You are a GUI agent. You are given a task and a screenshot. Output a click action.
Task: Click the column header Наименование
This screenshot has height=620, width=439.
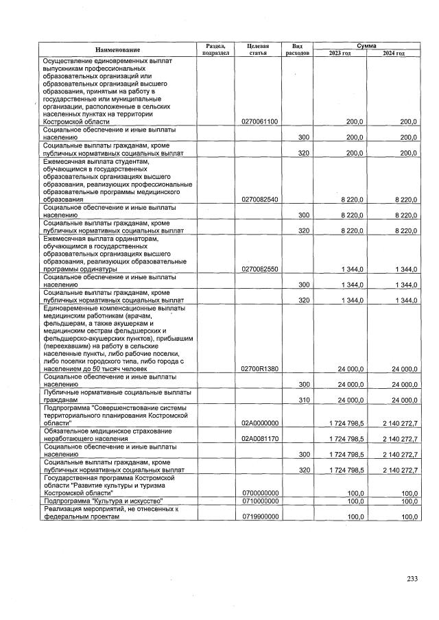click(117, 49)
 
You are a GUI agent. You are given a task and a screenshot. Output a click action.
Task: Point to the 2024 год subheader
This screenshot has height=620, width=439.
click(394, 53)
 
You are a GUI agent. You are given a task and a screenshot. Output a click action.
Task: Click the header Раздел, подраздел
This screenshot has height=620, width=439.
click(215, 49)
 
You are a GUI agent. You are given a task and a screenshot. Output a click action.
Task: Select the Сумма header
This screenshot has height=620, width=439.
click(366, 45)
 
